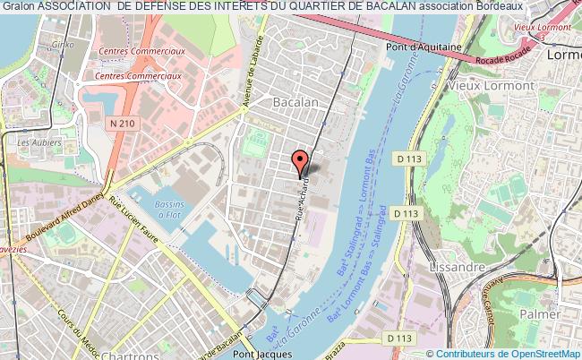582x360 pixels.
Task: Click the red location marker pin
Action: (x=301, y=163)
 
